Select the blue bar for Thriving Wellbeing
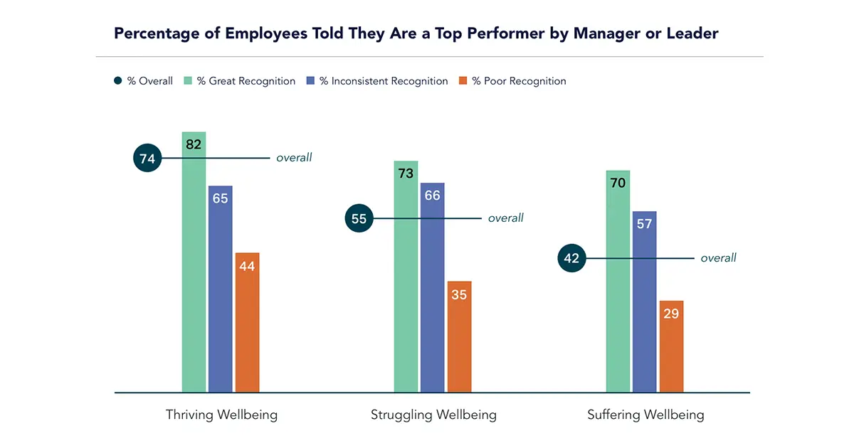220,288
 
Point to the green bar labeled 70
618,281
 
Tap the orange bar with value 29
671,346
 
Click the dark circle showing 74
147,159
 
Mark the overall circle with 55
359,218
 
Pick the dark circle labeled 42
571,258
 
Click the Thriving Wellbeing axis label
221,415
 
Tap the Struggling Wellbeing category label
433,415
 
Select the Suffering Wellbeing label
645,415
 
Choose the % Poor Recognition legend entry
517,81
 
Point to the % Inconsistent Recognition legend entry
376,81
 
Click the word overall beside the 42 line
718,258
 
